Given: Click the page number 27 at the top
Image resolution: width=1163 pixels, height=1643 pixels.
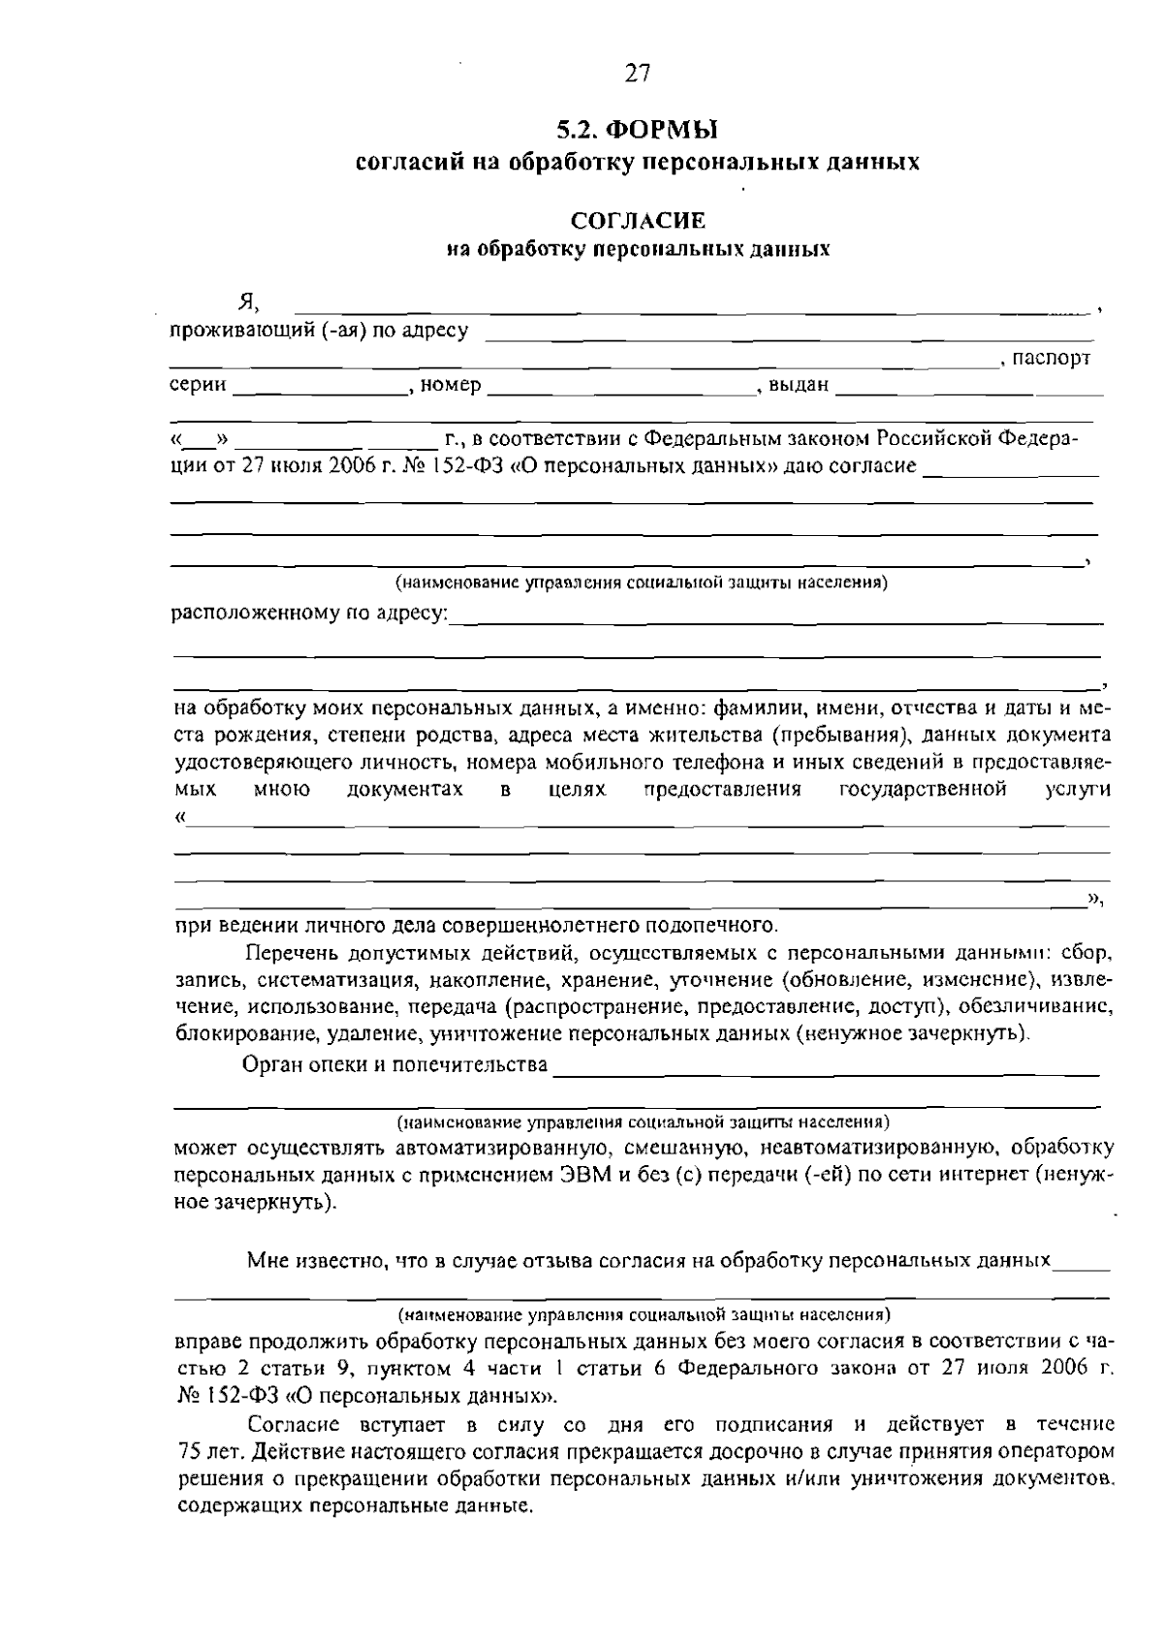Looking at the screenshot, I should coord(637,75).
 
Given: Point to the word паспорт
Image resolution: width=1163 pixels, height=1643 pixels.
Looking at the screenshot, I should coord(1051,359).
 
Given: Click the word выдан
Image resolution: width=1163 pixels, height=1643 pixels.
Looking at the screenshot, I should coord(800,386).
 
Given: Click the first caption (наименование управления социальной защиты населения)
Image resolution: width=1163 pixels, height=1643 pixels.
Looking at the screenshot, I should coord(641,584).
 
